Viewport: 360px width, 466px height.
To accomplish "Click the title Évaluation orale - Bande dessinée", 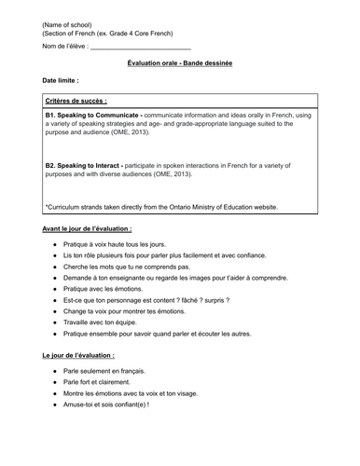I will click(x=180, y=62).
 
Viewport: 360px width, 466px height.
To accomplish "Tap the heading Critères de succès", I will click(x=76, y=99).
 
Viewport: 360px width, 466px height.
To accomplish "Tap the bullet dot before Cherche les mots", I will click(x=54, y=267).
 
